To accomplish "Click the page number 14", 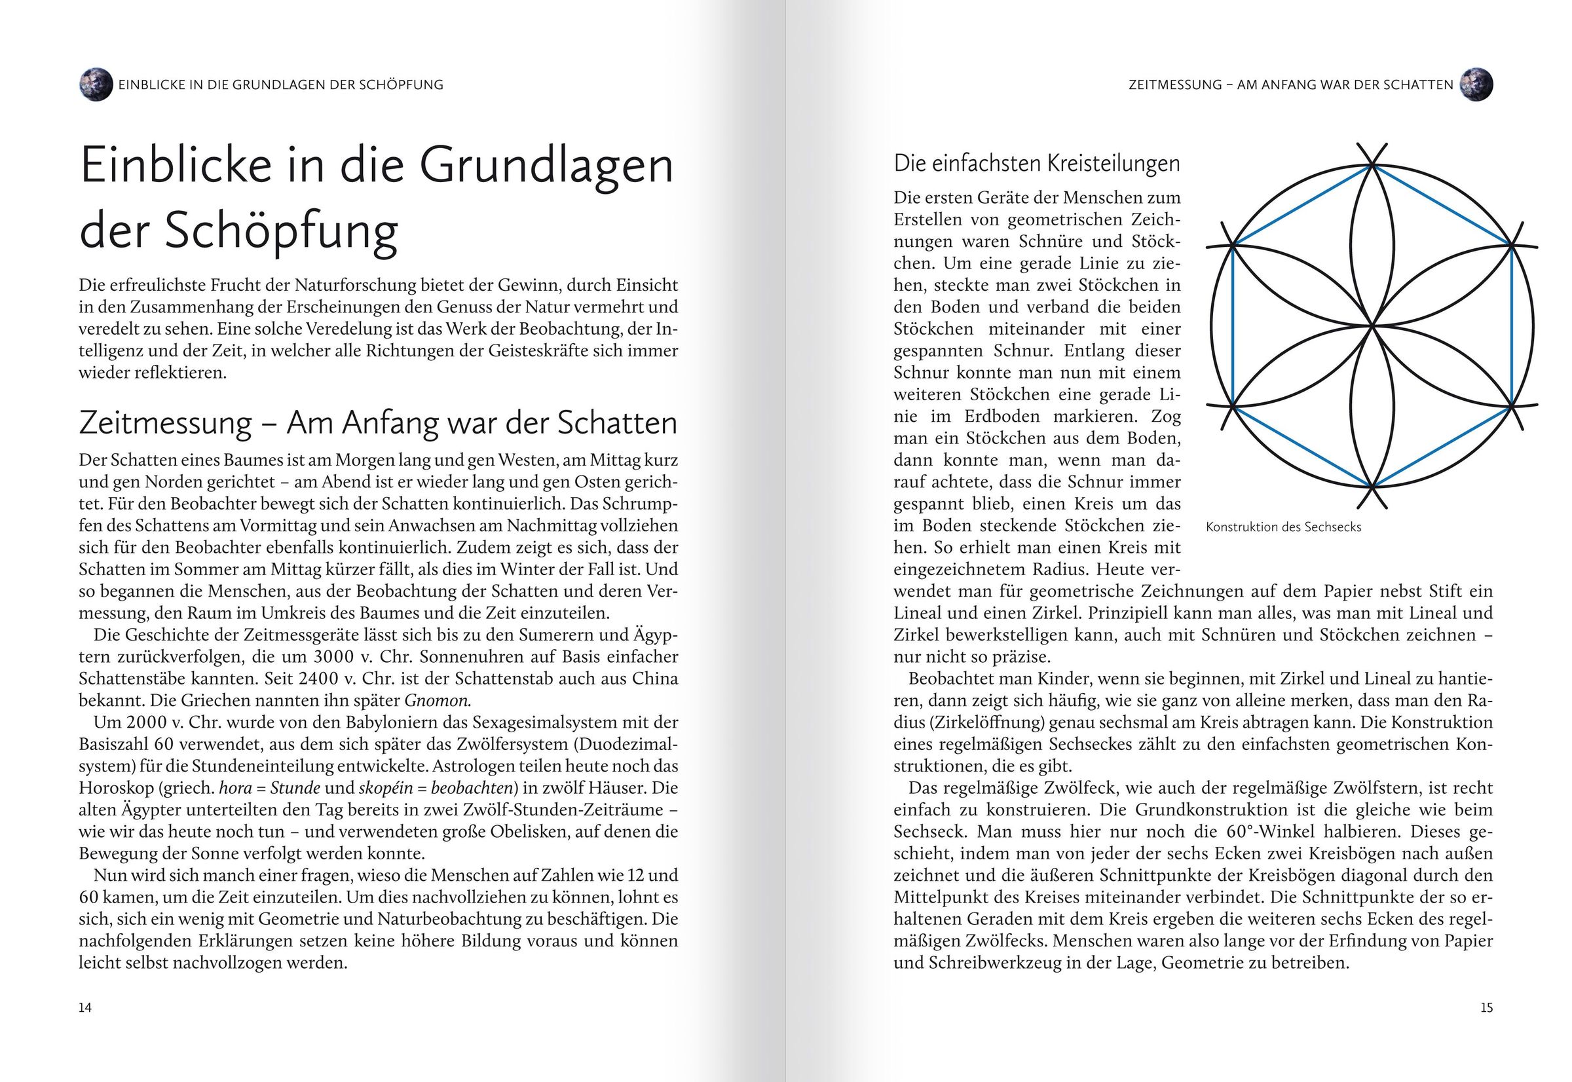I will pyautogui.click(x=85, y=1007).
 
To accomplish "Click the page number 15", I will pyautogui.click(x=1486, y=1007).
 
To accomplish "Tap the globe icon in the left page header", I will pyautogui.click(x=96, y=84).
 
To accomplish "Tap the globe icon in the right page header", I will pyautogui.click(x=1476, y=84).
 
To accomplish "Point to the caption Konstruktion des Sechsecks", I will pyautogui.click(x=1283, y=527).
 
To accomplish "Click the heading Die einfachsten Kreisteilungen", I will pyautogui.click(x=1036, y=163).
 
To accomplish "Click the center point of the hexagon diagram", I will pyautogui.click(x=1372, y=326).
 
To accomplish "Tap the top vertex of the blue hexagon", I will pyautogui.click(x=1372, y=165).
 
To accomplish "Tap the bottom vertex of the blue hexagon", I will pyautogui.click(x=1372, y=487).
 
